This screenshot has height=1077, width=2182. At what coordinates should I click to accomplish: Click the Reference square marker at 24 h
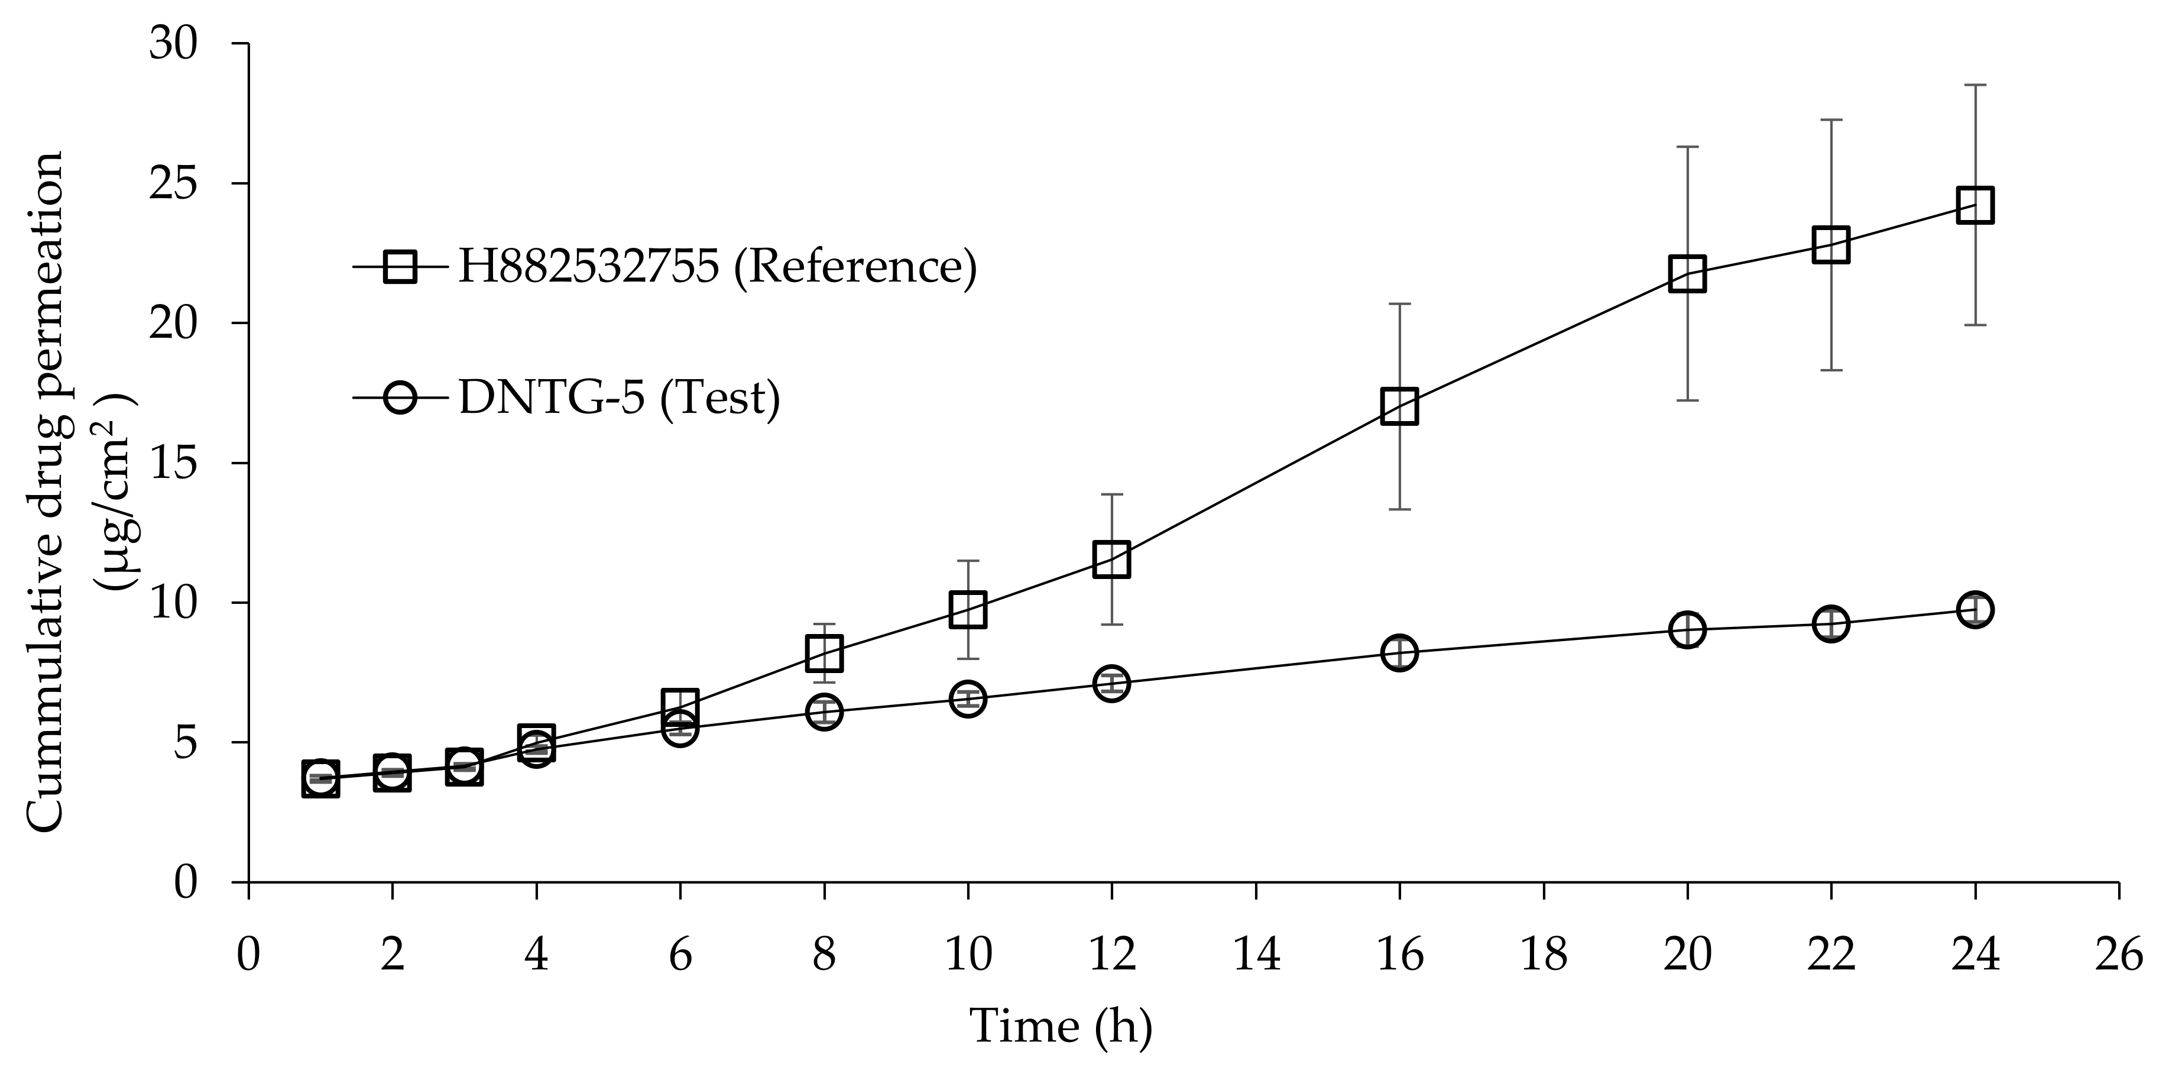pos(1975,205)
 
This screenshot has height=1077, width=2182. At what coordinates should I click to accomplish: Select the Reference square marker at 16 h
pos(1399,406)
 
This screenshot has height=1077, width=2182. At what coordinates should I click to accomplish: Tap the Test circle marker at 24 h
pos(1975,609)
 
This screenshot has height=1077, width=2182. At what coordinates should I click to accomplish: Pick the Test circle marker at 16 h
pos(1399,652)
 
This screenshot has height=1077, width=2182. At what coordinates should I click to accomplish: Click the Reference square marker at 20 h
pos(1687,274)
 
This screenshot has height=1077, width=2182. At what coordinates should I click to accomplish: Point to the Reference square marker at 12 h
pos(1111,559)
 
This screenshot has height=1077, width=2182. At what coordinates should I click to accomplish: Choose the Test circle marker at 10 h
pos(967,698)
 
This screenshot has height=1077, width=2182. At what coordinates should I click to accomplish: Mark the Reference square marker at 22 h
pos(1830,245)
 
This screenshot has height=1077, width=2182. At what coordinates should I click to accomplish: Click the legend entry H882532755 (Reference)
pos(716,267)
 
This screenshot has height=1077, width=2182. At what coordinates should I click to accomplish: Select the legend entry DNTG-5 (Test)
pos(618,397)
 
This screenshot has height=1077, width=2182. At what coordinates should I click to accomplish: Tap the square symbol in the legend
pos(400,267)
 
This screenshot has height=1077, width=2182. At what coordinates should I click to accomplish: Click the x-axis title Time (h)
pos(1061,1026)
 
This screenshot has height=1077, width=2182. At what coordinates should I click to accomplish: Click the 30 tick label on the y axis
pos(174,44)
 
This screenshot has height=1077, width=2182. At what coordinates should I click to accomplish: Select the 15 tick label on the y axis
pos(174,464)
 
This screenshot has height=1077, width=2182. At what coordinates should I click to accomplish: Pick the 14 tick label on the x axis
pos(1255,955)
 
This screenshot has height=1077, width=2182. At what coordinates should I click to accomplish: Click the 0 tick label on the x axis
pos(248,955)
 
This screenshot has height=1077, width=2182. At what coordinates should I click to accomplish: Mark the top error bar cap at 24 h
pos(1975,85)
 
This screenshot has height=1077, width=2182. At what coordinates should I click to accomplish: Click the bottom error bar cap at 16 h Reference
pos(1399,509)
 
